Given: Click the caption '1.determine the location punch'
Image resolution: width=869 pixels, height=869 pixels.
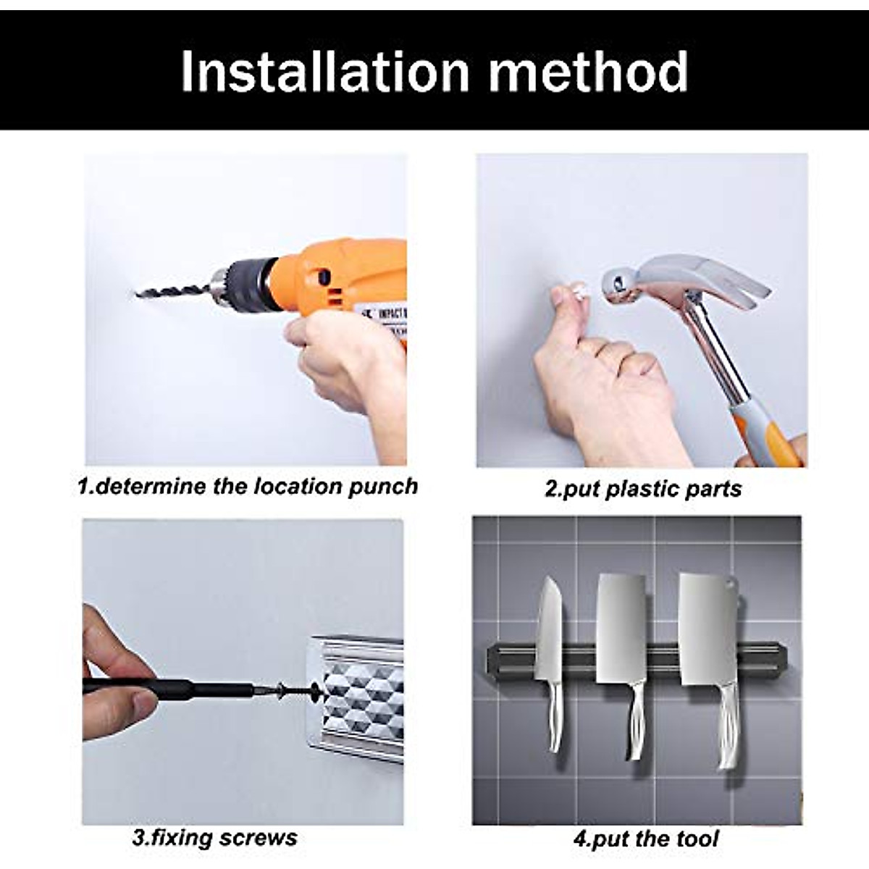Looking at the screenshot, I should click(248, 486).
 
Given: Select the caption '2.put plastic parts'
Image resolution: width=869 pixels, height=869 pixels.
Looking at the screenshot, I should click(643, 489).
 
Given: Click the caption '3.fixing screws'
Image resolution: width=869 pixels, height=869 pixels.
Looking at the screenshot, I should click(215, 838).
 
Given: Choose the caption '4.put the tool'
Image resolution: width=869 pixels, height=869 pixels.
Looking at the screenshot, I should click(646, 839).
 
